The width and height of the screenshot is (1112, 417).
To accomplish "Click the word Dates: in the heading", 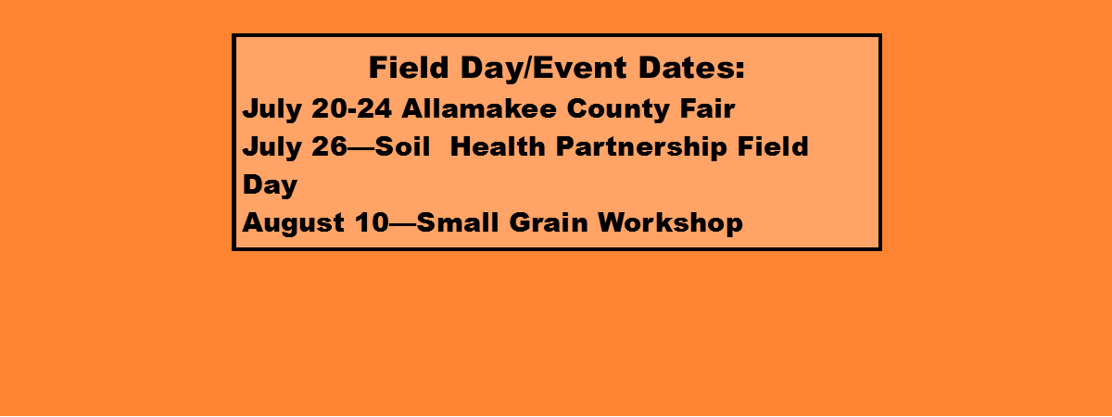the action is point(691,68).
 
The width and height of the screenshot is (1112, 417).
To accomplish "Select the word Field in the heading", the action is point(409,68).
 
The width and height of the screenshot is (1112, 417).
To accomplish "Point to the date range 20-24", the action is point(351,108).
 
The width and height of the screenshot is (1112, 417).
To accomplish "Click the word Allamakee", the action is point(479,108).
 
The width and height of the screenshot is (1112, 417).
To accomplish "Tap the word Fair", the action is point(707,108).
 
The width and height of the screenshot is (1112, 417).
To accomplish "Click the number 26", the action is point(329,146).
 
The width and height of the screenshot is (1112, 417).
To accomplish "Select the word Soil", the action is point(402,146).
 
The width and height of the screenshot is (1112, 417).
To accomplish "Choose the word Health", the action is point(498,146).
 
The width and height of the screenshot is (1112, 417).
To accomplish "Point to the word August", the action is point(294,224).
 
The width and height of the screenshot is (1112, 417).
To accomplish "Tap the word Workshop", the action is point(670,224).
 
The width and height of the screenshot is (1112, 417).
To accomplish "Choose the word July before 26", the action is point(272,148).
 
